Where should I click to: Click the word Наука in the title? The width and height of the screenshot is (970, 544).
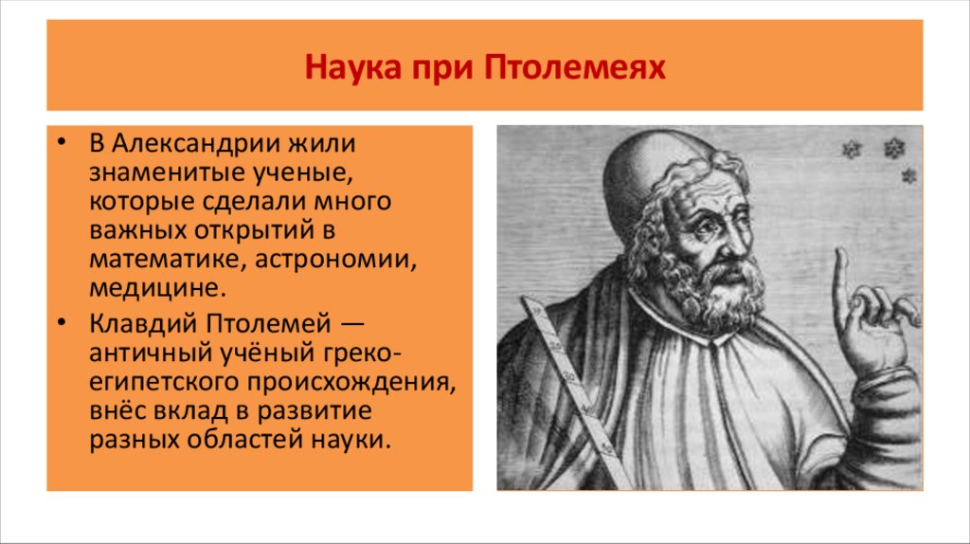tap(344, 69)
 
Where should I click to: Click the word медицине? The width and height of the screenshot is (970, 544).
tap(158, 286)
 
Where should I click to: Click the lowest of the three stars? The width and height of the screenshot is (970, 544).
tap(908, 175)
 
